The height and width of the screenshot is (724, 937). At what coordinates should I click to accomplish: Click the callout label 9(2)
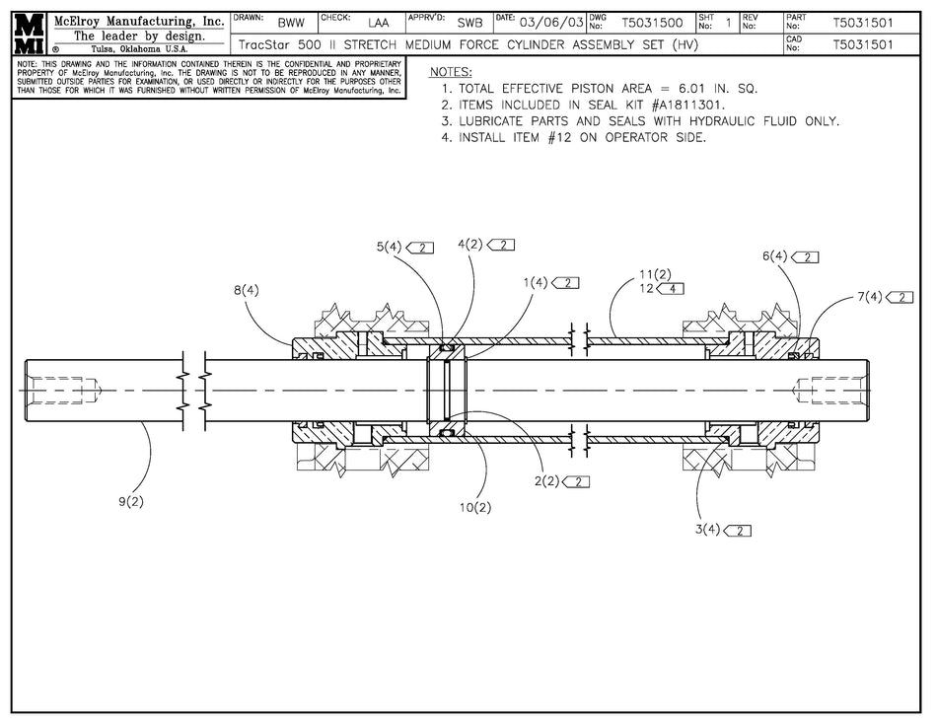(131, 501)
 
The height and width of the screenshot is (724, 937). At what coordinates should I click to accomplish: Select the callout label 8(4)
(247, 290)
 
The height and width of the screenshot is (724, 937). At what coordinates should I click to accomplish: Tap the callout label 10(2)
(475, 507)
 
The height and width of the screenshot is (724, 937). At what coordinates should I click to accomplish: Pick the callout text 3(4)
(707, 530)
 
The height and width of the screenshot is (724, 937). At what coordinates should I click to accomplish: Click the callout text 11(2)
(655, 273)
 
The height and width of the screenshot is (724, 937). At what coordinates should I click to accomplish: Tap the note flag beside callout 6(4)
(806, 256)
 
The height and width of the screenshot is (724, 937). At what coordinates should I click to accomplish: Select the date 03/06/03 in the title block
(551, 22)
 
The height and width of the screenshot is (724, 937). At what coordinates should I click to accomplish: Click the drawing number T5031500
(652, 22)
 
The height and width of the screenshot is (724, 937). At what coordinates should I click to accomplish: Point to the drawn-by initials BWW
(291, 22)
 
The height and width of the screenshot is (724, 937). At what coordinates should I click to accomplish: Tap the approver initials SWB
(470, 22)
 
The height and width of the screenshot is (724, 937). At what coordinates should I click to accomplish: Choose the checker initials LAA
(378, 22)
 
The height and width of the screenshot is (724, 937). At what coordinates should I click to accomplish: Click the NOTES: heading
(451, 73)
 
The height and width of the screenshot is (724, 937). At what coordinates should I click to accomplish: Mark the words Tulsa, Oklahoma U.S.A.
(139, 48)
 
